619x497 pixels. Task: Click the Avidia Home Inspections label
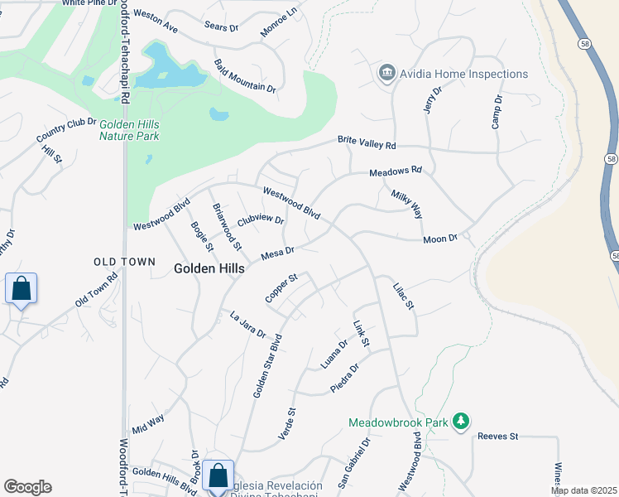tap(464, 74)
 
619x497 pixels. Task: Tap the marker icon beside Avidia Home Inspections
tap(386, 74)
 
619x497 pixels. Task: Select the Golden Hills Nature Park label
tap(129, 130)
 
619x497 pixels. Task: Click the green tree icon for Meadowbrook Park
tap(462, 422)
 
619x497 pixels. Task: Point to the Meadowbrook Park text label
tap(397, 422)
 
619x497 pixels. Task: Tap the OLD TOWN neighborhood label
tap(124, 262)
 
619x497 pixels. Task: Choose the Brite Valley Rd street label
tap(367, 143)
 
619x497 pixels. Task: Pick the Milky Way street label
tap(406, 202)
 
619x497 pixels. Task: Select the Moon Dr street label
tap(440, 239)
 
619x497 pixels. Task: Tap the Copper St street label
tap(281, 287)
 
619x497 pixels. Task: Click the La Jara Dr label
tap(247, 324)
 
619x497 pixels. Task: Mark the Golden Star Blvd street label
tap(268, 365)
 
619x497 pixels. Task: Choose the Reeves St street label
tap(497, 436)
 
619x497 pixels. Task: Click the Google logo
tap(27, 487)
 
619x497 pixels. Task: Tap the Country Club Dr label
tap(66, 129)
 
